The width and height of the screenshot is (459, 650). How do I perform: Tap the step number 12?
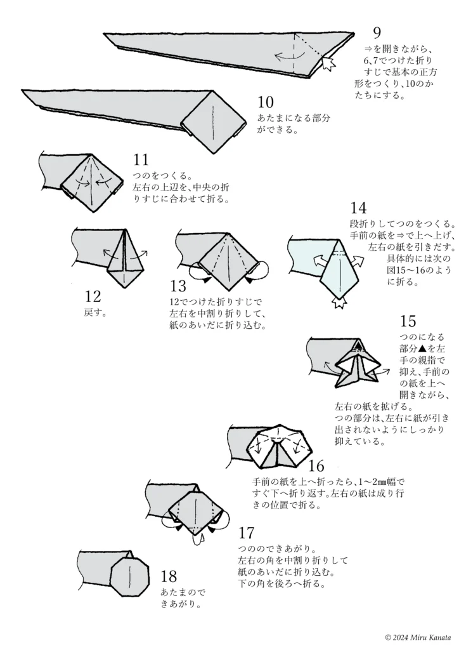click(x=93, y=297)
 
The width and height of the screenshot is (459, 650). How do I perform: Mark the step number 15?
click(x=409, y=321)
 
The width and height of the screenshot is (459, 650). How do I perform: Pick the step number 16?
click(x=316, y=465)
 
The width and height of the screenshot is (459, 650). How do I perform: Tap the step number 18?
click(x=169, y=577)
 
